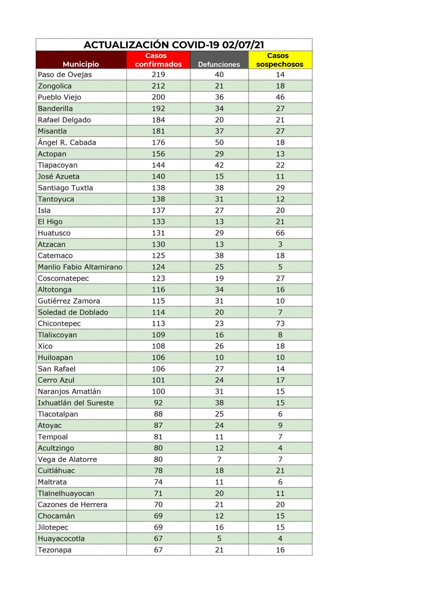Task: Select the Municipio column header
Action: pos(81,64)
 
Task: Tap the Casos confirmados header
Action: pos(158,60)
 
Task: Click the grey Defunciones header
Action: pos(219,64)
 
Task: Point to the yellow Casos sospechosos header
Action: pos(280,60)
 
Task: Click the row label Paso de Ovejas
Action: pos(65,75)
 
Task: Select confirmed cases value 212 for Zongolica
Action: pos(158,86)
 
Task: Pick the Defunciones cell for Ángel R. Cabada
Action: pos(219,143)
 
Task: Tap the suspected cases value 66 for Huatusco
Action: pos(280,233)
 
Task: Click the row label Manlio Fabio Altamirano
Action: pos(80,267)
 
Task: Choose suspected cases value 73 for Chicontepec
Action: pos(280,324)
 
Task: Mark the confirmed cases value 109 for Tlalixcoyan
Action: pos(158,335)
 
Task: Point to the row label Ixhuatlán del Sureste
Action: pos(76,403)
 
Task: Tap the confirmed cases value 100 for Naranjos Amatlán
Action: pos(158,392)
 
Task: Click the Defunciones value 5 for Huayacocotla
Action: pos(219,539)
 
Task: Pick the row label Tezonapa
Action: pos(55,550)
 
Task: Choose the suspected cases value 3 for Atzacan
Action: pos(280,244)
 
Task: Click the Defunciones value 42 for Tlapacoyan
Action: pos(219,165)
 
